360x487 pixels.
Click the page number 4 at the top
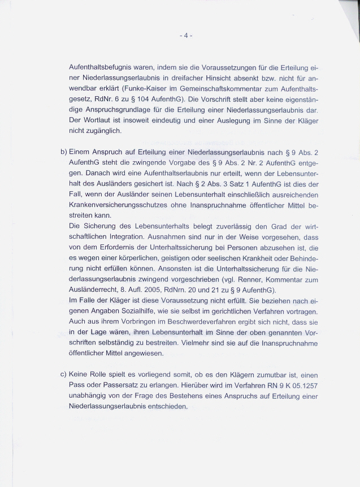click(x=186, y=36)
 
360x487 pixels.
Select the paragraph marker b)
click(x=63, y=153)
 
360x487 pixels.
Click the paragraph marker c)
click(x=63, y=375)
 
